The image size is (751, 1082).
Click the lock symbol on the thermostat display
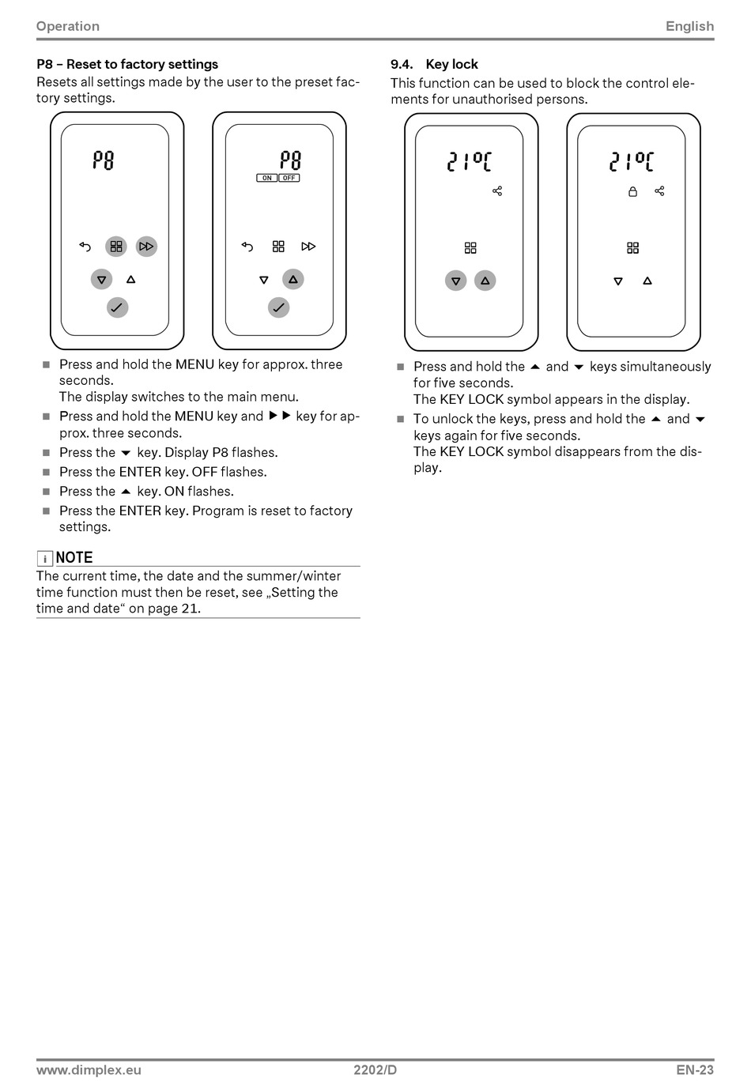tap(632, 191)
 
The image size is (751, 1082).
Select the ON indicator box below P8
tap(267, 178)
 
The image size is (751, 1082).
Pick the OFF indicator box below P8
tap(289, 178)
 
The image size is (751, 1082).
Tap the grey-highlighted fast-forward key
tap(146, 247)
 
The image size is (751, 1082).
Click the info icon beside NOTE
tap(45, 559)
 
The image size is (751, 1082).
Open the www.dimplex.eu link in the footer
tap(89, 1070)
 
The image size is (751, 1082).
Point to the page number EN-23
tap(695, 1070)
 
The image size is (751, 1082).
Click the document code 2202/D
tap(375, 1070)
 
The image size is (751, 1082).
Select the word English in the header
tap(689, 26)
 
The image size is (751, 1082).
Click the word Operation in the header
tap(68, 26)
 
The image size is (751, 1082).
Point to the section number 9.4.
tap(402, 64)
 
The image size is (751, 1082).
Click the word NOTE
tap(74, 557)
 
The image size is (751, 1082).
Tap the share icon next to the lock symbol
tap(659, 191)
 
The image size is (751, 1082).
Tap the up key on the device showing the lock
tap(647, 281)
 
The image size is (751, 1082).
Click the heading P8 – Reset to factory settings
tap(127, 64)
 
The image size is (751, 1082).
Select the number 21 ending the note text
tap(190, 609)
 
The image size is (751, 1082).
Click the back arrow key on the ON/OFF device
tap(247, 247)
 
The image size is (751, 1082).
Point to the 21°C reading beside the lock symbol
tap(632, 162)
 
